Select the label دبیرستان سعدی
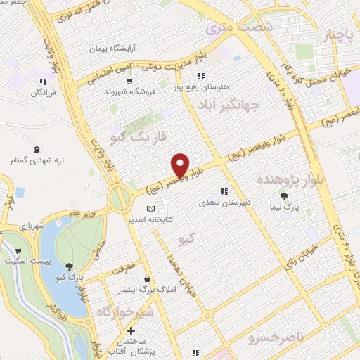224,202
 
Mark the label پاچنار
336,34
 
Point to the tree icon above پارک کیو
70,266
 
